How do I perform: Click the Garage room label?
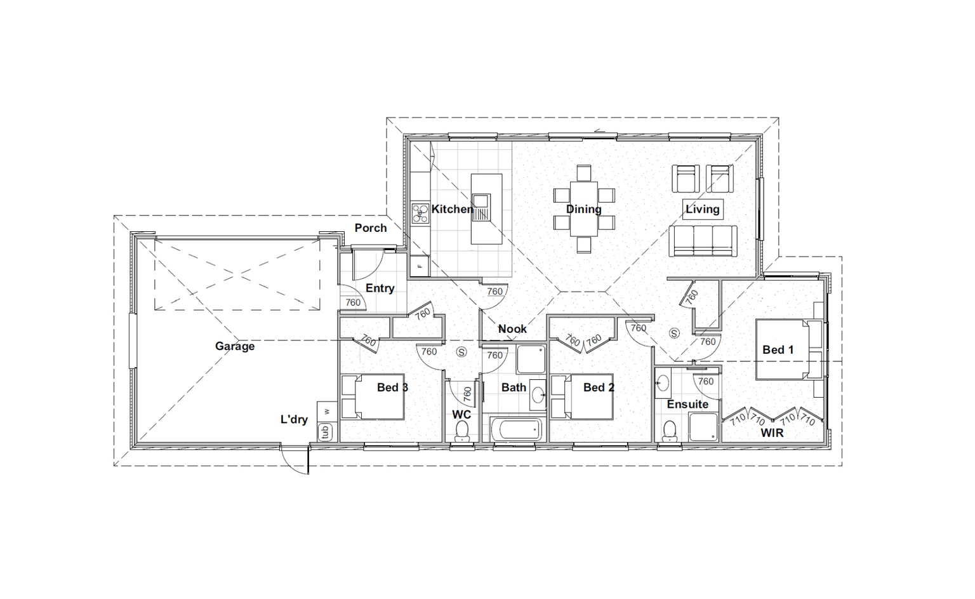coord(235,346)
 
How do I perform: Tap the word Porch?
coord(371,228)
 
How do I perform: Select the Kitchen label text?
coord(452,209)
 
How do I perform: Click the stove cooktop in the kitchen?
coord(420,213)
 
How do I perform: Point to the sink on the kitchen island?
coord(481,206)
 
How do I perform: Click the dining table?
coord(584,209)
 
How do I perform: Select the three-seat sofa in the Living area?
coord(703,241)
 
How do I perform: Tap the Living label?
coord(703,209)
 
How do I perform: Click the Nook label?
coord(512,329)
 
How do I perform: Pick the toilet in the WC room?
coord(461,431)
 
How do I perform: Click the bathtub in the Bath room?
coord(516,429)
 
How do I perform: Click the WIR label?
coord(772,433)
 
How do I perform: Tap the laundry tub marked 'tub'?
coord(325,432)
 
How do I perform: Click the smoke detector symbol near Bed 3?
coord(461,352)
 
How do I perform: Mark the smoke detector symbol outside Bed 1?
coord(674,333)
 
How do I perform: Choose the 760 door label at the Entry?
coord(353,302)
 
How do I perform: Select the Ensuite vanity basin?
coord(663,384)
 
